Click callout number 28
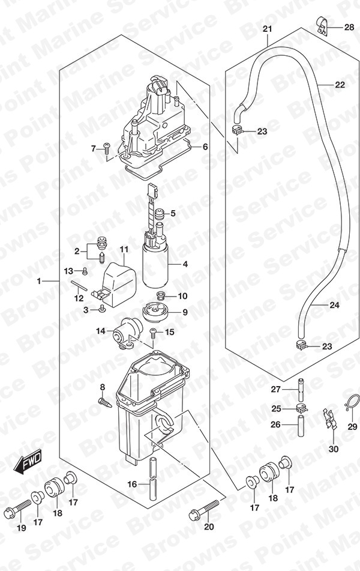point(349,27)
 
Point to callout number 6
point(205,147)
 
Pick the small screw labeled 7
point(107,148)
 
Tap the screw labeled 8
point(105,402)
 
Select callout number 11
point(124,250)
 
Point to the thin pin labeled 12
point(79,285)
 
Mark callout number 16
point(133,484)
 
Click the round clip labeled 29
point(351,403)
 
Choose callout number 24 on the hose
point(334,305)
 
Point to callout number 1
point(39,281)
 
